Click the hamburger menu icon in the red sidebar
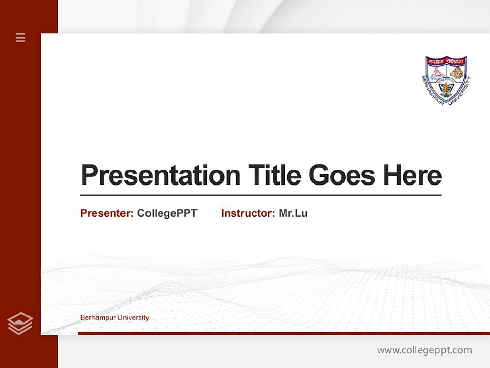click(20, 37)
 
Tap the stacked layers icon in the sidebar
click(20, 324)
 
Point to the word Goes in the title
click(341, 175)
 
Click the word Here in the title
click(412, 175)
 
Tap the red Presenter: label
click(107, 213)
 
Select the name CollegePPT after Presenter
click(167, 213)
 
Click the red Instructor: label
click(248, 213)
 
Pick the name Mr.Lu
click(293, 213)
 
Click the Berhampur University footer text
click(114, 318)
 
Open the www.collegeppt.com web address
click(424, 350)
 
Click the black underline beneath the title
click(260, 195)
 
